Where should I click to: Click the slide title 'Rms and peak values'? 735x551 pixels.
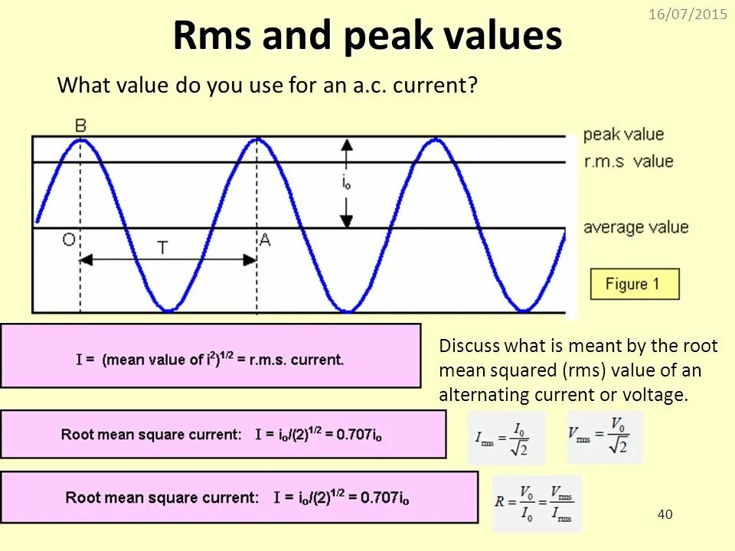pyautogui.click(x=367, y=36)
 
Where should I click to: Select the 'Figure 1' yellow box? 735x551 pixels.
pyautogui.click(x=634, y=284)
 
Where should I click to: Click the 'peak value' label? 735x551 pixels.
pyautogui.click(x=623, y=135)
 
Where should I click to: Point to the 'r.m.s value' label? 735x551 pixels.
pyautogui.click(x=628, y=161)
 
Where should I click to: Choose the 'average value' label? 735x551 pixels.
pyautogui.click(x=635, y=227)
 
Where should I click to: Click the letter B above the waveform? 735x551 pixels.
pyautogui.click(x=80, y=124)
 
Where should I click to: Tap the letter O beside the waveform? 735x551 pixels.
pyautogui.click(x=69, y=240)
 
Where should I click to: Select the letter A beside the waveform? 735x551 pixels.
pyautogui.click(x=265, y=240)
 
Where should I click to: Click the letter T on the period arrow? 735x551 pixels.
pyautogui.click(x=162, y=247)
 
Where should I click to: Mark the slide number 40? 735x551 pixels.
pyautogui.click(x=665, y=514)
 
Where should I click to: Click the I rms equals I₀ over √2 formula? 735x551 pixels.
pyautogui.click(x=506, y=438)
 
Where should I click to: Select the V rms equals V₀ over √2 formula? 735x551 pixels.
pyautogui.click(x=605, y=436)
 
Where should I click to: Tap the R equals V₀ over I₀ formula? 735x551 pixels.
pyautogui.click(x=536, y=504)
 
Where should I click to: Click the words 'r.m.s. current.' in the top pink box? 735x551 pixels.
pyautogui.click(x=301, y=359)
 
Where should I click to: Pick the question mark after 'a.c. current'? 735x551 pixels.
pyautogui.click(x=472, y=86)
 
